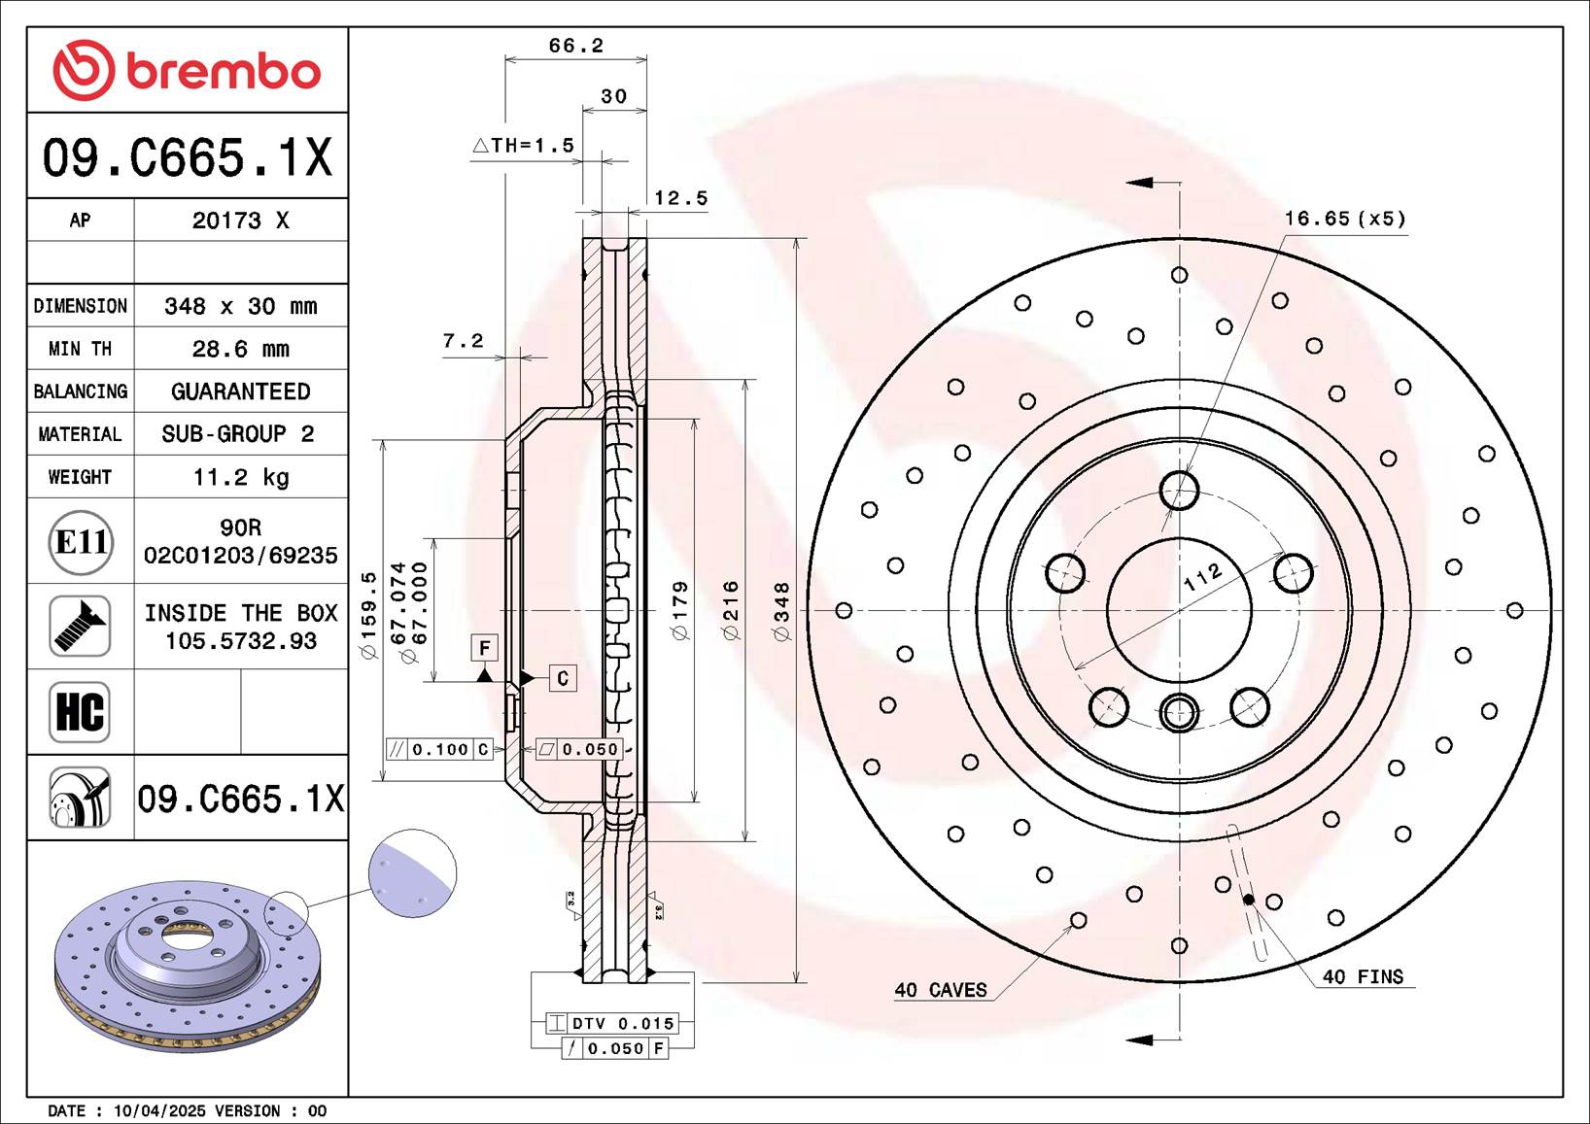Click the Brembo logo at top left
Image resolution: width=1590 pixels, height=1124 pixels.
point(187,71)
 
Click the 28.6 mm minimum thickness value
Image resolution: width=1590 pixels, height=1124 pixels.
point(240,349)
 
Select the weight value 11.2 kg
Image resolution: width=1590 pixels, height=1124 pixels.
point(240,477)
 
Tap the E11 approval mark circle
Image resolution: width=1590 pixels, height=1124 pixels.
point(81,542)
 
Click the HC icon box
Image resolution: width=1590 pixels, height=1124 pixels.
point(80,712)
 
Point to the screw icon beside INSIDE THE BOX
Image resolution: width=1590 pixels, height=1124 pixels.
point(80,627)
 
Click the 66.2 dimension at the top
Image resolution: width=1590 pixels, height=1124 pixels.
point(575,46)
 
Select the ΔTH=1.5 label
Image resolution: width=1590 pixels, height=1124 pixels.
point(524,146)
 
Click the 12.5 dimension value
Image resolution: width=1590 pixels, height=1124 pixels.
point(680,198)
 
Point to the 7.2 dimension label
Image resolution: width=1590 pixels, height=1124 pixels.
point(463,341)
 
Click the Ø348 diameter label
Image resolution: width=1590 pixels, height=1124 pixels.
point(782,611)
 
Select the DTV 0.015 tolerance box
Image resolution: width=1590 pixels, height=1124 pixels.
point(611,1023)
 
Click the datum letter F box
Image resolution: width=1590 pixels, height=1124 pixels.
point(485,648)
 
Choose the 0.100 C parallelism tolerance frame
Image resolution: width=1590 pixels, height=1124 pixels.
point(440,749)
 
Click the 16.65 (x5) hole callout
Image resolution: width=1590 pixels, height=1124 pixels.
point(1345,219)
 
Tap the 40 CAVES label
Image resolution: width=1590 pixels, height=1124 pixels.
point(940,990)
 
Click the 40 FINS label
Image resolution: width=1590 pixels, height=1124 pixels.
point(1363,977)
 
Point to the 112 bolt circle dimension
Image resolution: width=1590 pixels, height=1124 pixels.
point(1202,578)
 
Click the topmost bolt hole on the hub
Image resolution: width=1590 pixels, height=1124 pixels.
point(1179,491)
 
